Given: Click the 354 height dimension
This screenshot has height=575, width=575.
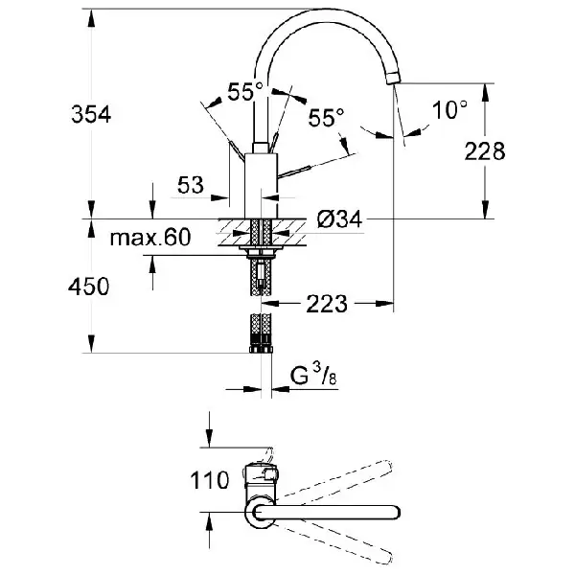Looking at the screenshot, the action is pyautogui.click(x=91, y=114).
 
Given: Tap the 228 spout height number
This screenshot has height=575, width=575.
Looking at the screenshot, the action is pyautogui.click(x=485, y=150).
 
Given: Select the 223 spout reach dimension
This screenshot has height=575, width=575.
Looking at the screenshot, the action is pyautogui.click(x=327, y=304).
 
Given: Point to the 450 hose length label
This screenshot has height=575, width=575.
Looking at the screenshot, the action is pyautogui.click(x=89, y=286).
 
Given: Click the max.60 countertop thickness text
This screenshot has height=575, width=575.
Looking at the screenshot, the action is pyautogui.click(x=150, y=238).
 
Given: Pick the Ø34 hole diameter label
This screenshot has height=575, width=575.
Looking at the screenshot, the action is pyautogui.click(x=339, y=219).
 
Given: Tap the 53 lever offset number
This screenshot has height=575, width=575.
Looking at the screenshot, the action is pyautogui.click(x=191, y=185).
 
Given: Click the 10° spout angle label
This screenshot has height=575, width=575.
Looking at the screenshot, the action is pyautogui.click(x=450, y=109).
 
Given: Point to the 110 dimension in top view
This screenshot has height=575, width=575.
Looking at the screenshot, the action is pyautogui.click(x=209, y=480).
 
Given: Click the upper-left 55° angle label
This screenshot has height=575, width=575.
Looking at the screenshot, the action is pyautogui.click(x=245, y=92).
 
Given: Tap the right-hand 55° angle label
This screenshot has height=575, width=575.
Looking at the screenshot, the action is pyautogui.click(x=327, y=117).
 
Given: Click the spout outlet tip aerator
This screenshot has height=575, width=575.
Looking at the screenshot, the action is pyautogui.click(x=394, y=79).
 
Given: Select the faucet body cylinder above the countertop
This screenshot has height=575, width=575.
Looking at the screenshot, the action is pyautogui.click(x=261, y=186).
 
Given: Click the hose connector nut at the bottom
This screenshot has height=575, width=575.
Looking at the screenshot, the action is pyautogui.click(x=261, y=348).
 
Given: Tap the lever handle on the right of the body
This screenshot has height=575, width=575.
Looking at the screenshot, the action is pyautogui.click(x=294, y=172).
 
